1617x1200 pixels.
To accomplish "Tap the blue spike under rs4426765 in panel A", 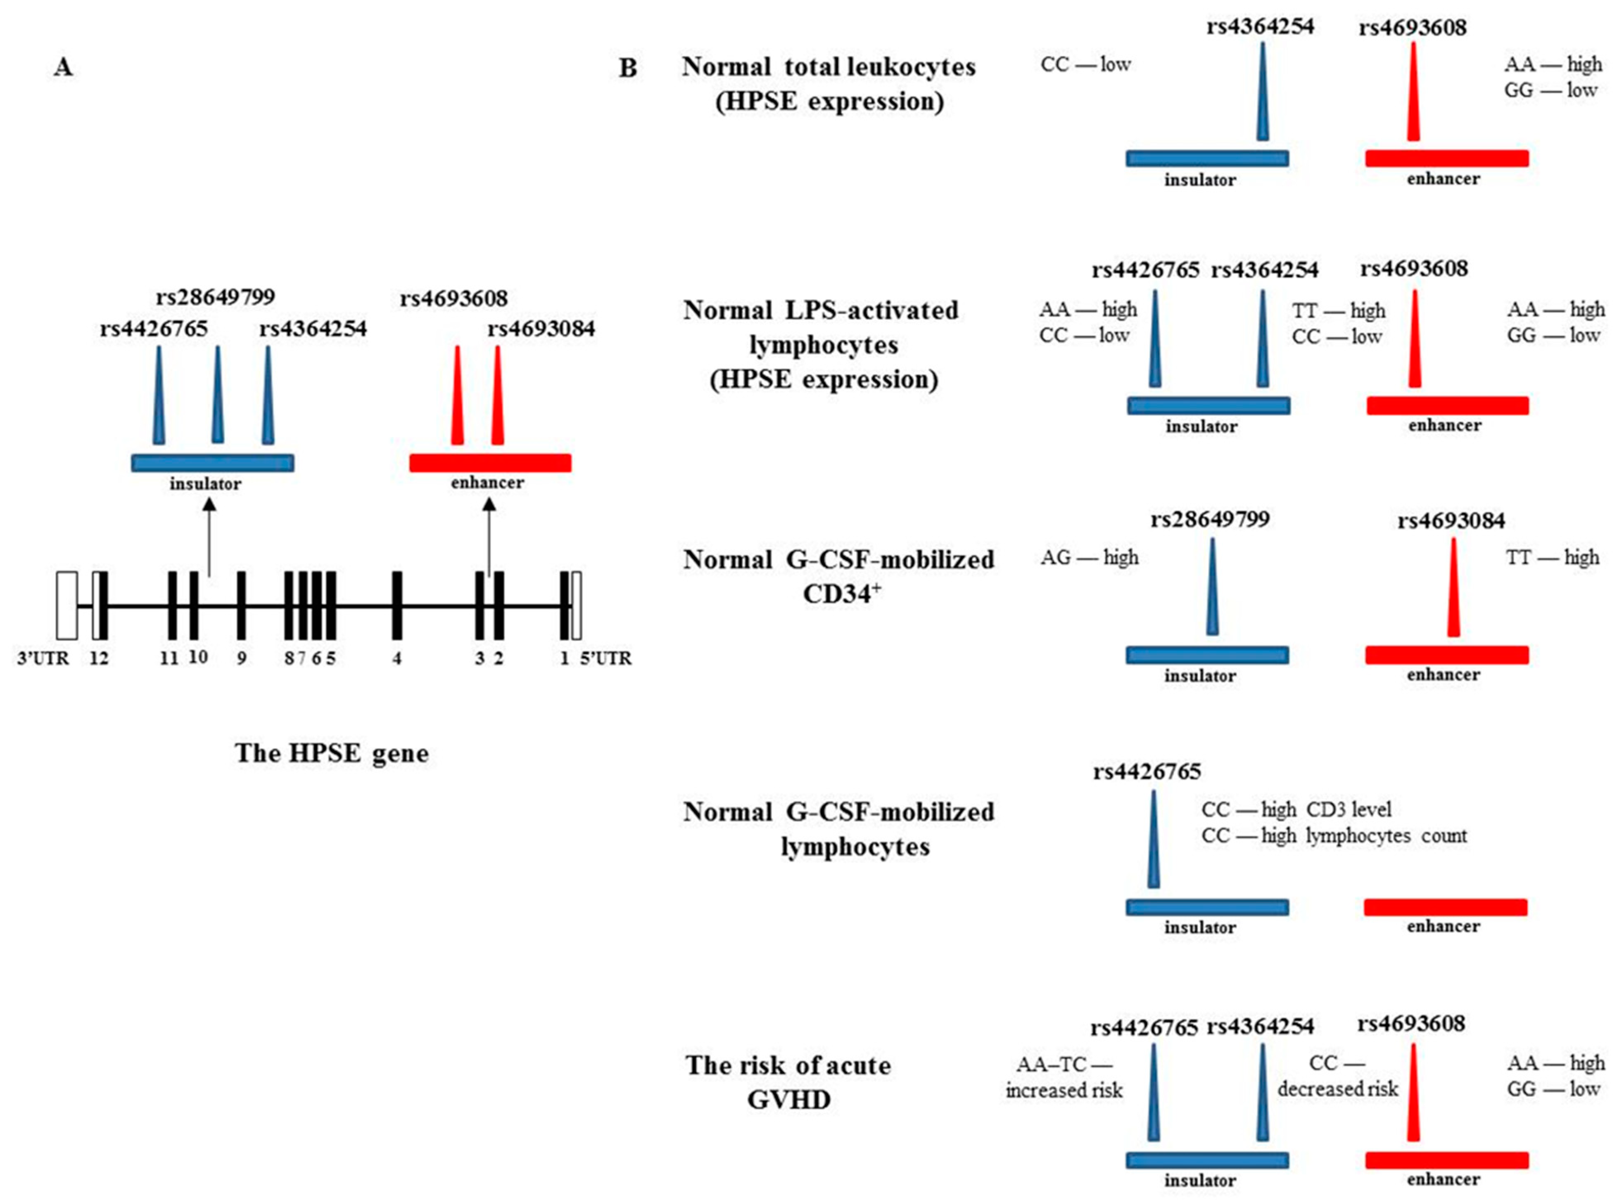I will (159, 396).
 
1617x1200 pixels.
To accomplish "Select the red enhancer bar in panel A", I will (490, 463).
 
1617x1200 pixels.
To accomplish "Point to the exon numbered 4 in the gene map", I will (397, 605).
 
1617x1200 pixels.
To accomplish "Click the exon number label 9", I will (241, 658).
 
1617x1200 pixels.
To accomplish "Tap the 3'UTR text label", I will (43, 658).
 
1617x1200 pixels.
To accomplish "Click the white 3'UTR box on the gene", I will (67, 605).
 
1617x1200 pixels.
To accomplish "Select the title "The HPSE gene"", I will (331, 753).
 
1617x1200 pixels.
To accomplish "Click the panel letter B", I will (627, 68).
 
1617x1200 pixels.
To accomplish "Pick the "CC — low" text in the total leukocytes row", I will (1085, 65).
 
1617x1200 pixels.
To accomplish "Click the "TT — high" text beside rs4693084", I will (1552, 557).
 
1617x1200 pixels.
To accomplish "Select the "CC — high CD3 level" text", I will (1296, 809).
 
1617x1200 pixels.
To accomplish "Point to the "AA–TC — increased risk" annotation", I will (1064, 1077).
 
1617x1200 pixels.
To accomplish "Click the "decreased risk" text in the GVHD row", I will (1337, 1089).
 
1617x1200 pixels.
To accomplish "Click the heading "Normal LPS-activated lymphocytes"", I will (821, 327).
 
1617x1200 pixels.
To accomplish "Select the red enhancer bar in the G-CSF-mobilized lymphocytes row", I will (1445, 907).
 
